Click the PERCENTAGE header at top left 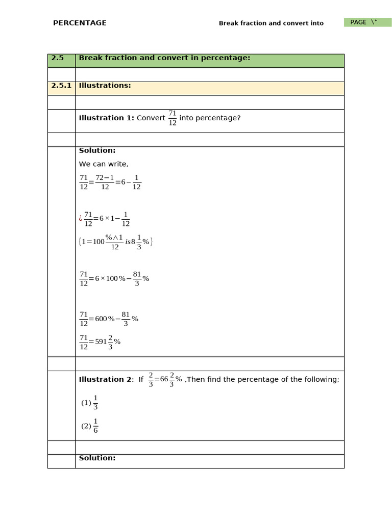(x=80, y=23)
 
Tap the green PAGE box (x=367, y=22)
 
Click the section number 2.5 (x=58, y=58)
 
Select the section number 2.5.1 (x=61, y=86)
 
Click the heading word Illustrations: (x=105, y=86)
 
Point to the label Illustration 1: (x=106, y=118)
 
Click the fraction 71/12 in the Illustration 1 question (x=173, y=118)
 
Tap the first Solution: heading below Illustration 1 (x=97, y=150)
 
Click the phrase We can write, (x=104, y=164)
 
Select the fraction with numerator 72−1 (x=105, y=182)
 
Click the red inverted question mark (x=81, y=218)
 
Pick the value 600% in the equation (x=105, y=319)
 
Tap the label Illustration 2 (x=105, y=380)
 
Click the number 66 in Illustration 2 (x=164, y=380)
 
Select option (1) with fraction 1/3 (x=89, y=403)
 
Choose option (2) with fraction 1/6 (x=89, y=426)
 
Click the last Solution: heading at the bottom (x=97, y=458)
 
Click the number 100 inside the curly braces (x=98, y=242)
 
